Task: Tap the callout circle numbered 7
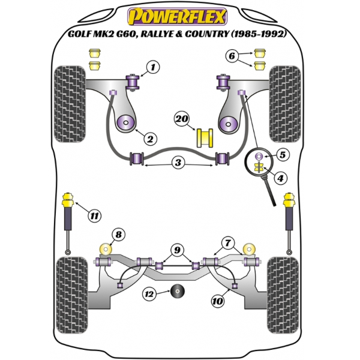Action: pyautogui.click(x=229, y=242)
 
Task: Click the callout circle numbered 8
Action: pyautogui.click(x=118, y=235)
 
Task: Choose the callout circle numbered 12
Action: pyautogui.click(x=149, y=293)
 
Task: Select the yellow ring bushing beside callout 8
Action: pyautogui.click(x=106, y=249)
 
